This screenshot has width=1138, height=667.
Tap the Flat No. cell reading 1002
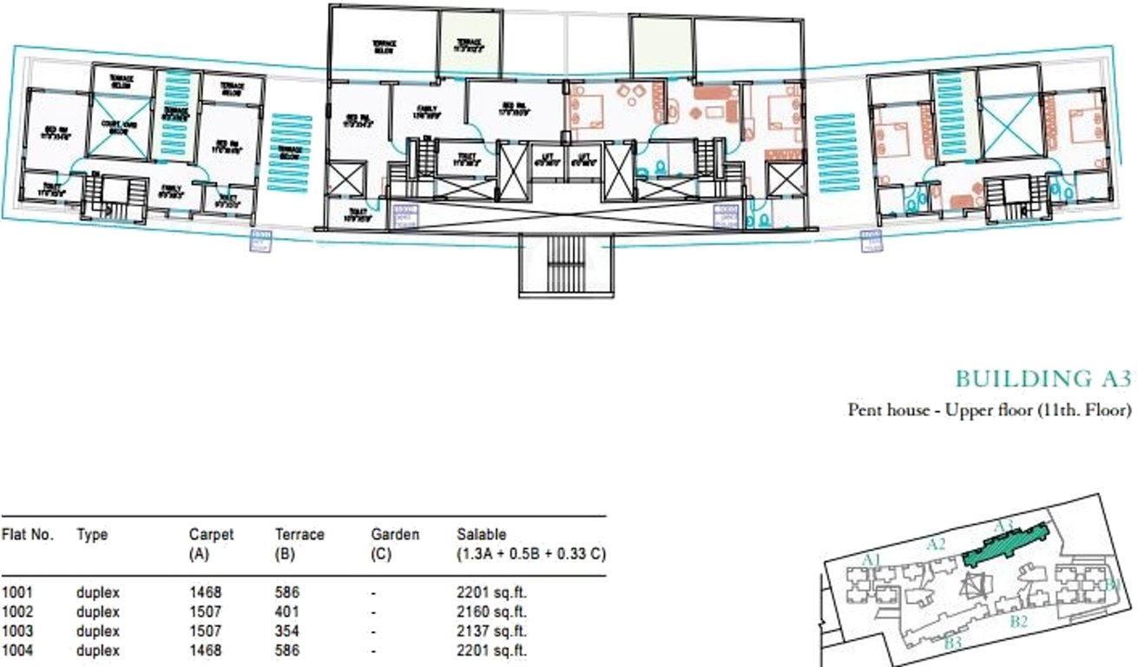[17, 612]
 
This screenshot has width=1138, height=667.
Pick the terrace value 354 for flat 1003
[286, 631]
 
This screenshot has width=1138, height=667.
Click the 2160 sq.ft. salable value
[491, 612]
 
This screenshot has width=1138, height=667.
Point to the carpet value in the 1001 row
[205, 593]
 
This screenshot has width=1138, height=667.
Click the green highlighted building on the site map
[1007, 546]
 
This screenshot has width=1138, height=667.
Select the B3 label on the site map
[952, 643]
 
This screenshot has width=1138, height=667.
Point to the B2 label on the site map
[1018, 622]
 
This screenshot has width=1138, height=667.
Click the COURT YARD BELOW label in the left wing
[121, 127]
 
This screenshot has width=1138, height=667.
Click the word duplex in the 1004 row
[97, 650]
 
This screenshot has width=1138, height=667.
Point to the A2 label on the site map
[935, 545]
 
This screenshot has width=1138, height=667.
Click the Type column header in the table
[92, 535]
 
